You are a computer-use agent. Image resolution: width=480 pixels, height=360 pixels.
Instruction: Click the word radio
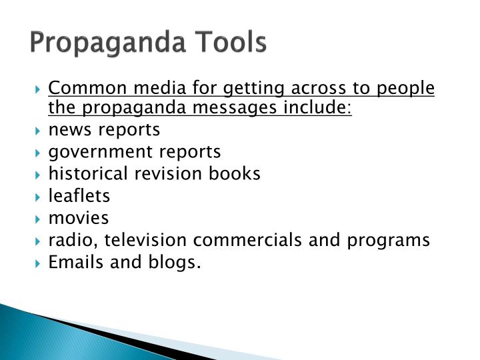69,239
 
